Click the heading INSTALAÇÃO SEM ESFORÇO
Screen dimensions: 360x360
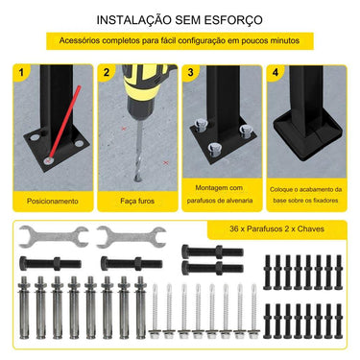pyautogui.click(x=180, y=19)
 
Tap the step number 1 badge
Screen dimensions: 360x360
pyautogui.click(x=22, y=73)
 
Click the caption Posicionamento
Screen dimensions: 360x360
pyautogui.click(x=53, y=202)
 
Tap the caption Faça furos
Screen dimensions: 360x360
pyautogui.click(x=137, y=202)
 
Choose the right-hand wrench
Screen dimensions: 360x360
pyautogui.click(x=129, y=236)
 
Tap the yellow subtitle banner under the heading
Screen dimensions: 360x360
pyautogui.click(x=180, y=41)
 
